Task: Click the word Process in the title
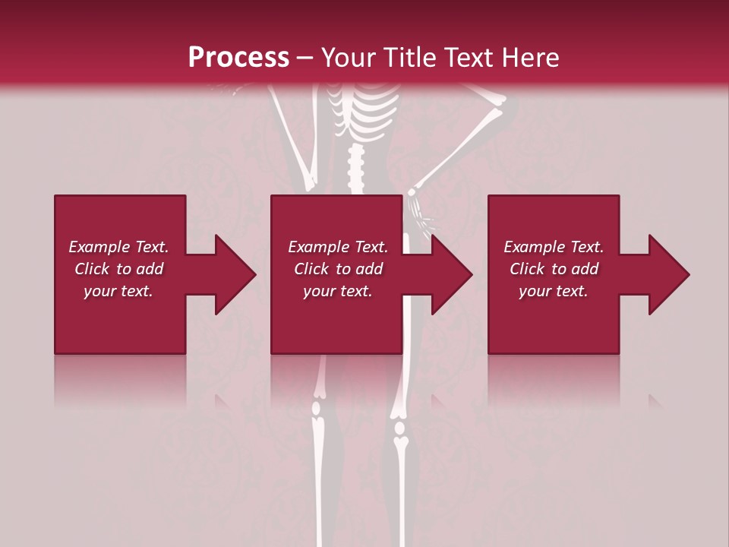(238, 58)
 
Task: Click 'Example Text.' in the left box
(118, 247)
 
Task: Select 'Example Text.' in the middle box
(338, 247)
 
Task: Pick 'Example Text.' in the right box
(554, 247)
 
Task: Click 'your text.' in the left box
(118, 291)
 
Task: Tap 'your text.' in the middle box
(338, 291)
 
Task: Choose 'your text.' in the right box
(554, 291)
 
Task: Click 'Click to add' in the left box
(118, 269)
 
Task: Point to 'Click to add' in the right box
(554, 269)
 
